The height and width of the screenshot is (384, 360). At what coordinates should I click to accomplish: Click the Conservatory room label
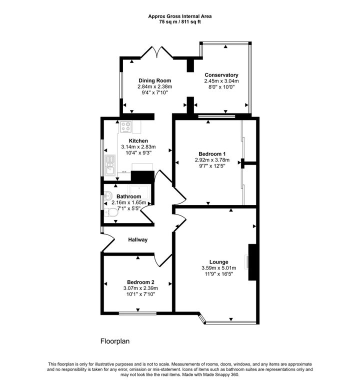221,75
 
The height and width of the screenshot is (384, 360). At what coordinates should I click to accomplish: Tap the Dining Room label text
154,80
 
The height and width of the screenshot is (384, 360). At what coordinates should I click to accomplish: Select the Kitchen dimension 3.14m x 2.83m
138,147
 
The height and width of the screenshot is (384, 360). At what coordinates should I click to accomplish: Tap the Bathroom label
129,197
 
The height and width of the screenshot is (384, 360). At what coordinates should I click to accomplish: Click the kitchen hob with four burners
124,127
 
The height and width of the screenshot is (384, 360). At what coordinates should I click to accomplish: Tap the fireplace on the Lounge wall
252,261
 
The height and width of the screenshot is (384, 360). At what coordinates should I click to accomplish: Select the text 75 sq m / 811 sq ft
179,22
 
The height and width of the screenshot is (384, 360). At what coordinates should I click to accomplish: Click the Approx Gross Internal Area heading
179,16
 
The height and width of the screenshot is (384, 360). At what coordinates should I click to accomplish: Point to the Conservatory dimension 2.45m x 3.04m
221,81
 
